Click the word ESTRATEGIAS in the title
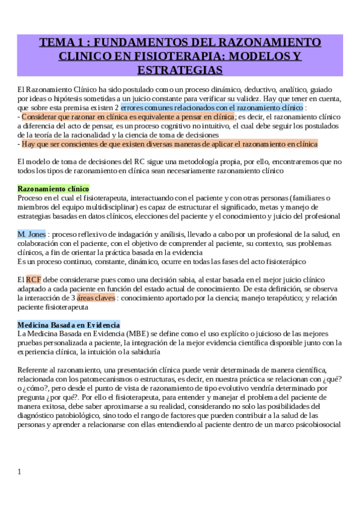click(180, 70)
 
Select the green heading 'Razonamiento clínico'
click(53, 188)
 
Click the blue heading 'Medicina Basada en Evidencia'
click(69, 325)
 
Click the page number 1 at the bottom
click(19, 472)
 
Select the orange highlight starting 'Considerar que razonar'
click(127, 117)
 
